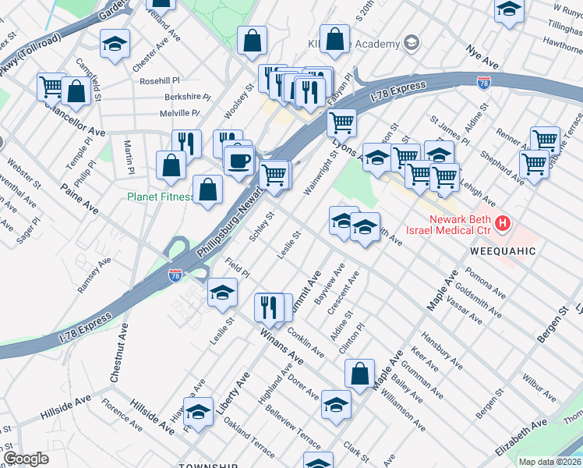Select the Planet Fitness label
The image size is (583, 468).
pos(161,197)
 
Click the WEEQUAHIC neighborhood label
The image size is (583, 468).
pos(503,251)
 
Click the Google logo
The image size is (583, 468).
pos(26,459)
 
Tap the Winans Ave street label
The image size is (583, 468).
pos(281,348)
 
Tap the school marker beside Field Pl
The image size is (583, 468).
pos(222,292)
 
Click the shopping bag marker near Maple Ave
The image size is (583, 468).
pos(359,374)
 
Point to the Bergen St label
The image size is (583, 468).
pos(552,325)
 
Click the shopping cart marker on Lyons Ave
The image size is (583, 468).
pos(341,122)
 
